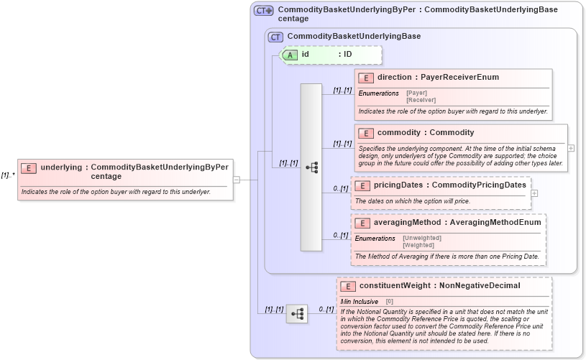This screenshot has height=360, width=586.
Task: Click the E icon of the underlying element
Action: coord(29,168)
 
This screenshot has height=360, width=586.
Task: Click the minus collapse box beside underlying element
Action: coord(237,180)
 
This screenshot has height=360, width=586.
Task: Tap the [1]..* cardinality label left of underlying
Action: coord(8,175)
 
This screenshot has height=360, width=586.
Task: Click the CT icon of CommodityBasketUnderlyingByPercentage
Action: coord(263,11)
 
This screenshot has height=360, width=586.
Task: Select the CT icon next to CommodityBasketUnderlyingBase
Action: coord(275,37)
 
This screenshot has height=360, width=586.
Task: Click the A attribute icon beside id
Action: coord(290,55)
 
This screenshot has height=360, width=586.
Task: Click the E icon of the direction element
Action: coord(365,78)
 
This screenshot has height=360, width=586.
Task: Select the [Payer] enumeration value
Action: coord(417,93)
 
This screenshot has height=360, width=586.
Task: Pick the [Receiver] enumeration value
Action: coord(421,100)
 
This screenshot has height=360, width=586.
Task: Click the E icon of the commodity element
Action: coord(365,133)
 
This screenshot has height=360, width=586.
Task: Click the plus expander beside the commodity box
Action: coord(571,148)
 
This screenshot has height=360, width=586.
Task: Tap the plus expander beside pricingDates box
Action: coord(534,193)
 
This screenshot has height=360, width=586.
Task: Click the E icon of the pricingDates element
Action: coord(362,186)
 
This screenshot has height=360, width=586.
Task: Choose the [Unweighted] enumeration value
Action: coord(422,238)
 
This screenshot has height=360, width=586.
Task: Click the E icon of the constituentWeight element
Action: coord(347,286)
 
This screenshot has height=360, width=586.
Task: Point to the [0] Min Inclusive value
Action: coord(390,301)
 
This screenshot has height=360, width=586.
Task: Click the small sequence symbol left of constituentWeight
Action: coord(297,314)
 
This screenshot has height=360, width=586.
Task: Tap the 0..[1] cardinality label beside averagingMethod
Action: coord(340,235)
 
